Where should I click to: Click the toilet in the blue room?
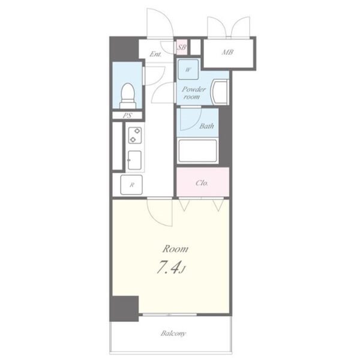[x=127, y=95]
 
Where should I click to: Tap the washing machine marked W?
[x=188, y=70]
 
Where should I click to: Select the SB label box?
[x=182, y=47]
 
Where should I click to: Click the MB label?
[x=227, y=53]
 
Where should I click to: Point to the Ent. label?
[x=155, y=54]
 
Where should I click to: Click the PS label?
[x=127, y=115]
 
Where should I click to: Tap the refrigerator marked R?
[x=131, y=185]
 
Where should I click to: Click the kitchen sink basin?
[x=134, y=160]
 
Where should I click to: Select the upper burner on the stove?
[x=137, y=131]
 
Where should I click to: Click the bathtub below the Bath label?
[x=197, y=151]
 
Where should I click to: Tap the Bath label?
[x=206, y=126]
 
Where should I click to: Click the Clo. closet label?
[x=202, y=183]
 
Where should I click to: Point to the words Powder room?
[x=193, y=93]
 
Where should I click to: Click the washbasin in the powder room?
[x=220, y=92]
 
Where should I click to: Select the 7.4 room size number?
[x=167, y=267]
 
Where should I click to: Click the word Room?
[x=175, y=249]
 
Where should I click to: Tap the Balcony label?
[x=173, y=333]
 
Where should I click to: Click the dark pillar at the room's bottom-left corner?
[x=124, y=308]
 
